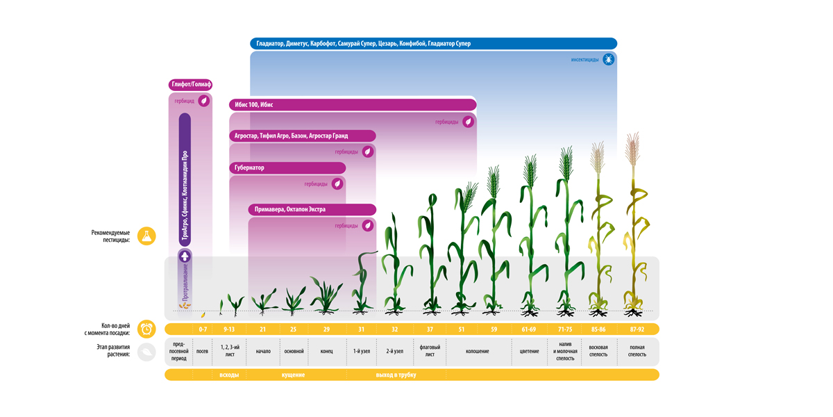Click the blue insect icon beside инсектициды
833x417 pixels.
pyautogui.click(x=608, y=59)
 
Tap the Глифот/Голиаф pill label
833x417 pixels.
pyautogui.click(x=190, y=85)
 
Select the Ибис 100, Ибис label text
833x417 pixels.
pyautogui.click(x=253, y=105)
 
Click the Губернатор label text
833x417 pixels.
pyautogui.click(x=249, y=167)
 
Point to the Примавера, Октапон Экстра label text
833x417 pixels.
pyautogui.click(x=289, y=209)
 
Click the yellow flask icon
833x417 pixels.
pyautogui.click(x=146, y=236)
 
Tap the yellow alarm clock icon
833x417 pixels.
pyautogui.click(x=146, y=329)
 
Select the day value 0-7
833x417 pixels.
pyautogui.click(x=203, y=329)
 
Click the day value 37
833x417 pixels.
pyautogui.click(x=430, y=329)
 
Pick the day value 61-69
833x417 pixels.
pyautogui.click(x=528, y=329)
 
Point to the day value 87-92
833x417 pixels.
pyautogui.click(x=637, y=329)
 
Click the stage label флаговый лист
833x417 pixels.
pyautogui.click(x=430, y=351)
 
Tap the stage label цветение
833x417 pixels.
pyautogui.click(x=529, y=351)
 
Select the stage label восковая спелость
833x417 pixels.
pyautogui.click(x=598, y=351)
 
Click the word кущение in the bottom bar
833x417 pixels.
pyautogui.click(x=293, y=375)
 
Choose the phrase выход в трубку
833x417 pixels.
pyautogui.click(x=396, y=375)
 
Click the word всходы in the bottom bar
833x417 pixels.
pyautogui.click(x=229, y=375)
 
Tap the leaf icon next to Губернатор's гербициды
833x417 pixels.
pyautogui.click(x=337, y=183)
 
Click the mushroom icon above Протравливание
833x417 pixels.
pyautogui.click(x=185, y=256)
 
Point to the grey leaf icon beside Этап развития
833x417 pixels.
pyautogui.click(x=146, y=352)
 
